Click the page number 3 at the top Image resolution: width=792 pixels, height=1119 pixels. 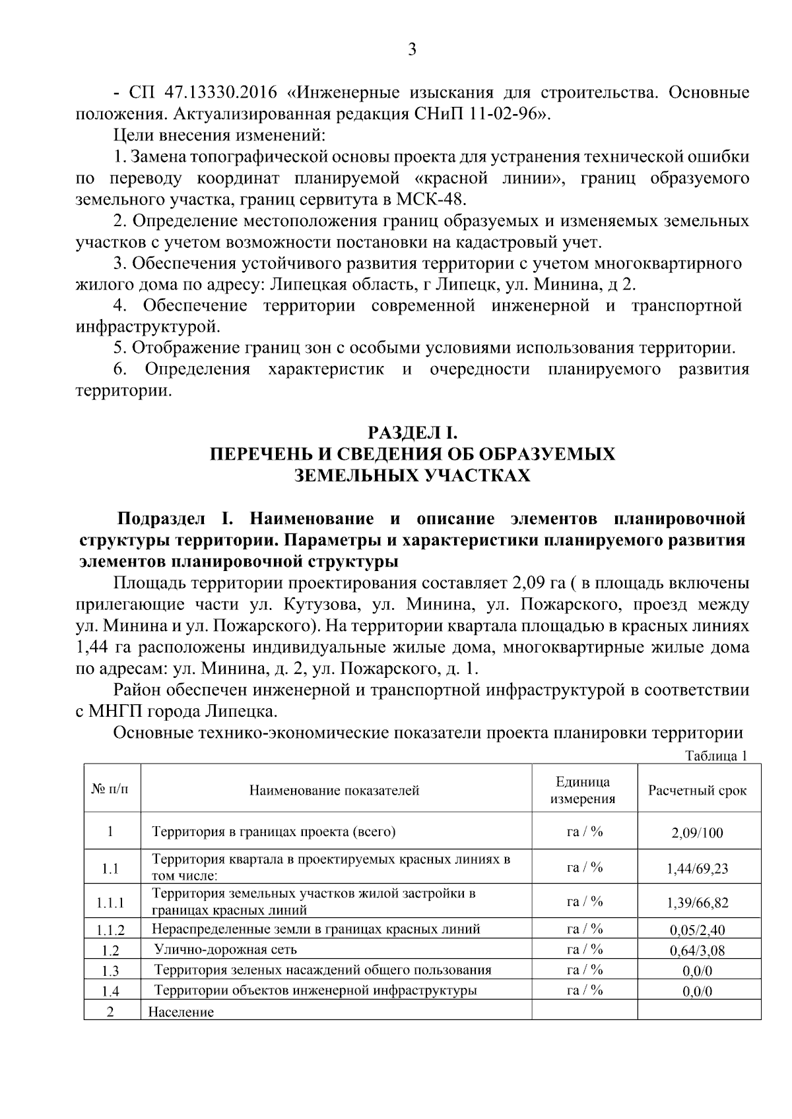[412, 50]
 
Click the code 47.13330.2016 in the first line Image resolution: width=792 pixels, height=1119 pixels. [206, 92]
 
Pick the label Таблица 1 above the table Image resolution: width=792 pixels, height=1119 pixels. [716, 756]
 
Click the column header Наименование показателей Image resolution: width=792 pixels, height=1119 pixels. [334, 790]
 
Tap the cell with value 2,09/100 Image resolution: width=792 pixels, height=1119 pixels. [697, 833]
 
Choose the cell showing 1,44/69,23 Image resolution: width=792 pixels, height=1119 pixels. [697, 868]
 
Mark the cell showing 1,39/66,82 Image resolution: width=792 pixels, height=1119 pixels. [697, 903]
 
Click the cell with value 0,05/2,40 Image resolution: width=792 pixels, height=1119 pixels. [697, 930]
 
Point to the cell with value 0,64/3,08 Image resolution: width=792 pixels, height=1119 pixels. [697, 951]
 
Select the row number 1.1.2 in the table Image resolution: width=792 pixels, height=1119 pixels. [111, 930]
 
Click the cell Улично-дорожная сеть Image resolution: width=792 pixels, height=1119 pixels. [225, 950]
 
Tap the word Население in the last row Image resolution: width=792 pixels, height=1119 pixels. [181, 1012]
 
